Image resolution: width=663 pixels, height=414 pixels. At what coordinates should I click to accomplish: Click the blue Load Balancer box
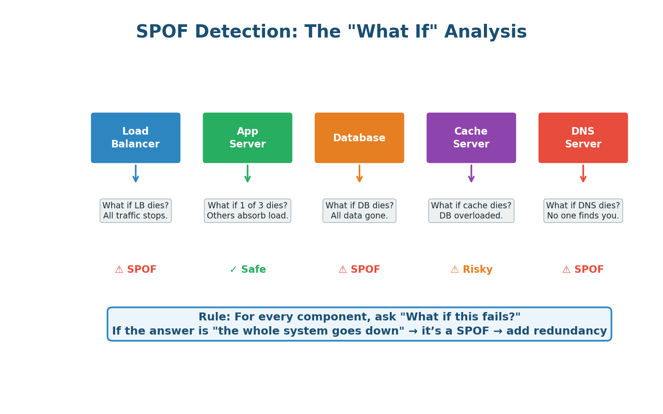tap(135, 138)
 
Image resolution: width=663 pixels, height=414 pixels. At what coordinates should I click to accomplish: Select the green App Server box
tap(247, 138)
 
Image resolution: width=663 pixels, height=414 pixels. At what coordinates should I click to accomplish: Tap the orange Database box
tap(359, 138)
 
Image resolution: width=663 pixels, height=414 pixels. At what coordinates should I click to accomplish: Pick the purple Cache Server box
tap(471, 138)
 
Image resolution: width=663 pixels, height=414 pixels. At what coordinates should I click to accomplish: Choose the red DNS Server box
tap(583, 138)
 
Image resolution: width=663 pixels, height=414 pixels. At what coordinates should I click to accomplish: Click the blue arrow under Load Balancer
tap(135, 174)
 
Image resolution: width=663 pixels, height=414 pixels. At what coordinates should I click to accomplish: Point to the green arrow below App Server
tap(247, 174)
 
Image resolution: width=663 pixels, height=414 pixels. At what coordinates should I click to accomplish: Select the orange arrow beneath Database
tap(359, 174)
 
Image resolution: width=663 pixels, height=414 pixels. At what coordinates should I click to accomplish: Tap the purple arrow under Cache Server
tap(471, 174)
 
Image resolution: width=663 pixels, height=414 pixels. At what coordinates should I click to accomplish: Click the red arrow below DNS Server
tap(583, 174)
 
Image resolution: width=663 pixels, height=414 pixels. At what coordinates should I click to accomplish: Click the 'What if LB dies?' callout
tap(135, 211)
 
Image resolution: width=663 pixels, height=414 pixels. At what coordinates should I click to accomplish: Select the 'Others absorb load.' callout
tap(247, 211)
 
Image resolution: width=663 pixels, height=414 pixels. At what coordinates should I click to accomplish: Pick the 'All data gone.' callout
tap(359, 211)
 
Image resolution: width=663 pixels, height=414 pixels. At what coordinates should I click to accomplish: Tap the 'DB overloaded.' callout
tap(471, 211)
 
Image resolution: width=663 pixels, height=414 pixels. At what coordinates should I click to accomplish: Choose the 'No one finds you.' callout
tap(583, 211)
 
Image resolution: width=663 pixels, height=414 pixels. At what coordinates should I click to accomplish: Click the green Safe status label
tap(248, 270)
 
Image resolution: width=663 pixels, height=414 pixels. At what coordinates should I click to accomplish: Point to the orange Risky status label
tap(472, 270)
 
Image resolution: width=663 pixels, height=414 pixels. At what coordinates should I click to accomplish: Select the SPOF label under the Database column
tap(359, 270)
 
